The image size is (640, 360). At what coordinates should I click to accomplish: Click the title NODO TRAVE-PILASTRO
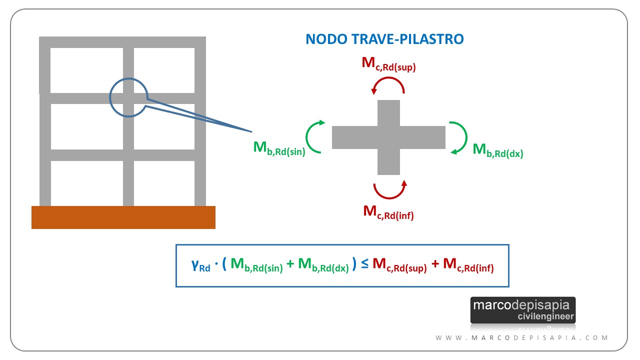(384, 39)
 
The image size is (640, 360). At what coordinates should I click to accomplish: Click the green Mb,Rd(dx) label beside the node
(497, 150)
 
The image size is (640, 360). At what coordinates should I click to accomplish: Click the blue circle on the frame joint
(109, 97)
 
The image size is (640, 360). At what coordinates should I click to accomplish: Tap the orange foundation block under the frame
(123, 217)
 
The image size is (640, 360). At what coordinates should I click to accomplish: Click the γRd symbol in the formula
(200, 265)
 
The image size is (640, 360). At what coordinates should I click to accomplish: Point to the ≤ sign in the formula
(364, 264)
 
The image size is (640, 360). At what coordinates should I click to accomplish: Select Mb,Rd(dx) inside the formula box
(323, 265)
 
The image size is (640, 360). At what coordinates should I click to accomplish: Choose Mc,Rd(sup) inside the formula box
(399, 265)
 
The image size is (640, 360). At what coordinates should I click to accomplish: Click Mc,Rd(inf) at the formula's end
(468, 265)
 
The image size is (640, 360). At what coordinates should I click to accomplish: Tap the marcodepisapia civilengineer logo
(523, 310)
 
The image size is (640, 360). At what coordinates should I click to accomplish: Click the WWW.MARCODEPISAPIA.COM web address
(521, 338)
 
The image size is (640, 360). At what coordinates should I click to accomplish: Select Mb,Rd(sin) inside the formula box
(256, 265)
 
